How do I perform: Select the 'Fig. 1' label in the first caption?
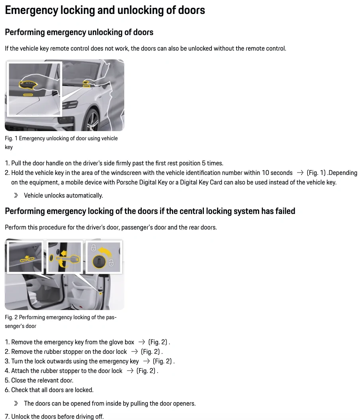coord(11,138)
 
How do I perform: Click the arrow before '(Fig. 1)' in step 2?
coord(300,173)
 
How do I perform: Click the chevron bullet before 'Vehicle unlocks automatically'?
coord(16,196)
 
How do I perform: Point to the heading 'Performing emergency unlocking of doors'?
coord(79,32)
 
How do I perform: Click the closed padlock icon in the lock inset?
coord(94,248)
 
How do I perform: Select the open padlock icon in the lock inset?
coord(112,263)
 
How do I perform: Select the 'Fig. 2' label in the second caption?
coord(11,317)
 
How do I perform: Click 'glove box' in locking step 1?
coord(122,342)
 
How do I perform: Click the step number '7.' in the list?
coord(7,416)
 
